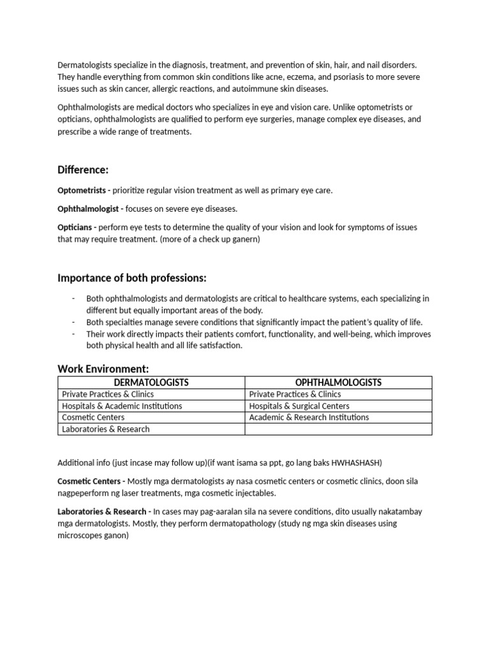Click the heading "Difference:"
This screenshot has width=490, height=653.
83,170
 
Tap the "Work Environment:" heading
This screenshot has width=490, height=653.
103,369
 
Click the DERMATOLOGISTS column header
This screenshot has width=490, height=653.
151,383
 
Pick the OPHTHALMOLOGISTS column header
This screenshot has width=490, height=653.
338,383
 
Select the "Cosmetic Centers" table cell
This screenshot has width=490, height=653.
93,418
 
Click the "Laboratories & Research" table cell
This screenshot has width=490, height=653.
106,429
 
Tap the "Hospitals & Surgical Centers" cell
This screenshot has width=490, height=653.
299,406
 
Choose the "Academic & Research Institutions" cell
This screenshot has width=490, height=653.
309,418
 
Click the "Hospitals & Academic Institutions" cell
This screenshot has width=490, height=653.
122,406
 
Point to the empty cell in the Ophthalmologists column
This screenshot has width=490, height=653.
338,429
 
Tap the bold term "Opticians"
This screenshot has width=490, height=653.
76,227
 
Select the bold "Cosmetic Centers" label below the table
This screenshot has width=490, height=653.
89,481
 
